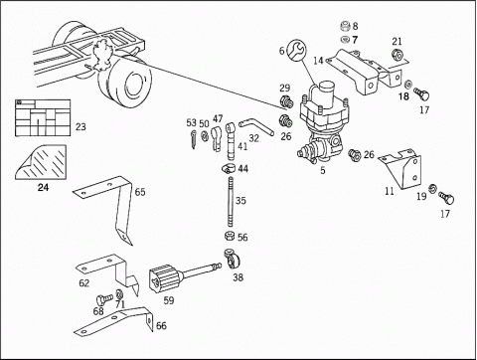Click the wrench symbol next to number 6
297,51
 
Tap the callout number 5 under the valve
323,170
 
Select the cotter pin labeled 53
194,139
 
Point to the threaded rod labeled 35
231,202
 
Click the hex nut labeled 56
230,236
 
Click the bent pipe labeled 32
255,126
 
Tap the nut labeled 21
397,55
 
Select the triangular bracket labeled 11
402,169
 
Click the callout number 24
43,187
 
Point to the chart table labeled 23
43,117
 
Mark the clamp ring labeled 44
229,168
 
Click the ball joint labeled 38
234,259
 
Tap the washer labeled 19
432,189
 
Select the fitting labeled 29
286,101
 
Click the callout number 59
169,300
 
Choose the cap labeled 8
346,26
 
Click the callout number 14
318,61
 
